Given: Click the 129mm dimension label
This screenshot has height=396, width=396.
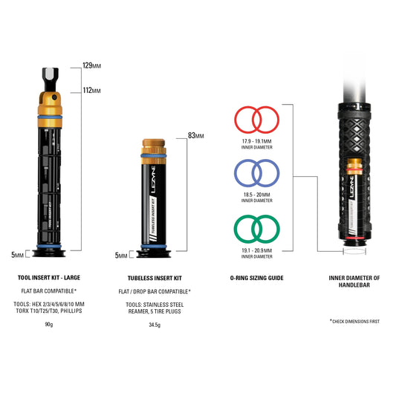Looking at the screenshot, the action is [x=92, y=65].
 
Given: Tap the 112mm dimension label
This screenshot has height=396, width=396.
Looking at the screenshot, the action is [x=92, y=90].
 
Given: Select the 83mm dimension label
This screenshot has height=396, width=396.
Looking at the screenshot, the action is [x=195, y=136].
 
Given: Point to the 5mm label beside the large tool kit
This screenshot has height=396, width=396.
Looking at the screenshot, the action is [x=17, y=255].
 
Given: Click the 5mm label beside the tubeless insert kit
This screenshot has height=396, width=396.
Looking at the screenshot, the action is [x=121, y=256].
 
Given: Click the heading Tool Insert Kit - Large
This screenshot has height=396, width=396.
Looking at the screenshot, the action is [x=49, y=278].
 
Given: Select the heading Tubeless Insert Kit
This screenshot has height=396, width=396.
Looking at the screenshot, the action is [x=155, y=278].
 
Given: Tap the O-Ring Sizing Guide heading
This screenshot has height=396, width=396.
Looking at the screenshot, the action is [x=256, y=278].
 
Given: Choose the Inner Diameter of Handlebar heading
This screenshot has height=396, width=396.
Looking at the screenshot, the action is [x=354, y=282].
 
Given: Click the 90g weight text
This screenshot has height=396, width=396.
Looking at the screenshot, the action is [x=49, y=324].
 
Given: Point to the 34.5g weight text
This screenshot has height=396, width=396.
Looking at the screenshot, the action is [x=155, y=325].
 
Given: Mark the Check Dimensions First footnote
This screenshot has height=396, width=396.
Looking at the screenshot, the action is [x=355, y=321].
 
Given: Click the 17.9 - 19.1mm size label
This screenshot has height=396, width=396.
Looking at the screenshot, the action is [x=256, y=141].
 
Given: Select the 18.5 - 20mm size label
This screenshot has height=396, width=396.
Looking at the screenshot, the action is [x=256, y=195].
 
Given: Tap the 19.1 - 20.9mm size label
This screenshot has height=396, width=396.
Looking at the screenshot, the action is [x=256, y=250].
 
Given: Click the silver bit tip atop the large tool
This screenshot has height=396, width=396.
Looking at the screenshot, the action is [x=51, y=74].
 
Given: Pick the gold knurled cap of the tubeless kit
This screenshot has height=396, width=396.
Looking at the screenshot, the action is [x=154, y=143].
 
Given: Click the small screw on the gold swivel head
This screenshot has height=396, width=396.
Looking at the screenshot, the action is [x=54, y=97].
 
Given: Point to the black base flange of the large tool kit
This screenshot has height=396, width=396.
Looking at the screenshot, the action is [x=49, y=253].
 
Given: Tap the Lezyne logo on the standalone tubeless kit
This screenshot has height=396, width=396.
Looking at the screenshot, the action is [x=153, y=180].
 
